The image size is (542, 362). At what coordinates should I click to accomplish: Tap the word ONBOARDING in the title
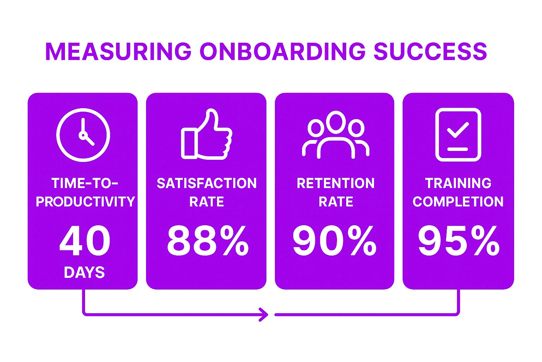282,51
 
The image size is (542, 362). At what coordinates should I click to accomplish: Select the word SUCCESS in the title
430,51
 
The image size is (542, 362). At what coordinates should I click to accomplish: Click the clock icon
83,135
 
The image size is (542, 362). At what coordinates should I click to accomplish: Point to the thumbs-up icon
207,134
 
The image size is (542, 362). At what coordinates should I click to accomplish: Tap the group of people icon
336,135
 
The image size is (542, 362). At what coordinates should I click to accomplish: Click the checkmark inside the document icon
458,130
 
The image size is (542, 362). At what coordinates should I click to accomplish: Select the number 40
85,240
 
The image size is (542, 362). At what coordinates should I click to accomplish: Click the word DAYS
84,273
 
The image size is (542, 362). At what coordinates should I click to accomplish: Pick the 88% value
208,240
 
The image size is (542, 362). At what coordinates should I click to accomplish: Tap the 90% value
335,240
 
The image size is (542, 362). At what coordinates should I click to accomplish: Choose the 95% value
459,240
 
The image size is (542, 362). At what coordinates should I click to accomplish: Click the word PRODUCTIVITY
85,202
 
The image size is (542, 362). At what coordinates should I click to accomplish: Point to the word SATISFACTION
207,183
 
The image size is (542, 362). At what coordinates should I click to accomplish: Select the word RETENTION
336,183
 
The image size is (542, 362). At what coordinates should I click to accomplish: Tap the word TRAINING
458,183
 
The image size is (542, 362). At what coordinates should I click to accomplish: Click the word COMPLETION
458,202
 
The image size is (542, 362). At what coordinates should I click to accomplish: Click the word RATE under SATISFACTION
207,202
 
